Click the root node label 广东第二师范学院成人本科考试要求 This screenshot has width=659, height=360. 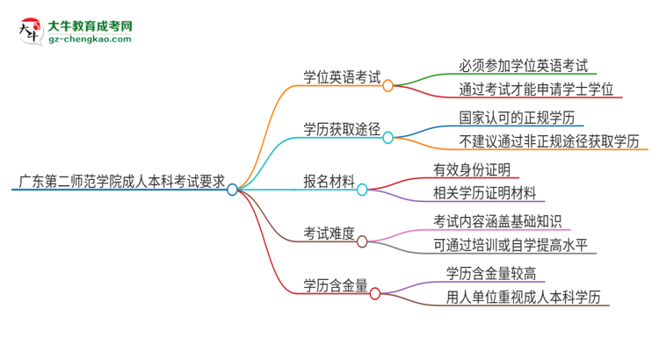[x=119, y=185]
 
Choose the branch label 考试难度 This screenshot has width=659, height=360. [x=329, y=234]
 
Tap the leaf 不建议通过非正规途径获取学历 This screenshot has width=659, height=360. [x=548, y=141]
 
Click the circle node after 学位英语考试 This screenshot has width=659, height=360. [x=387, y=85]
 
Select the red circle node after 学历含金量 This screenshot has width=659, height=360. [x=375, y=293]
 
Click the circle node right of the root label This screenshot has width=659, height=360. [x=233, y=188]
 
